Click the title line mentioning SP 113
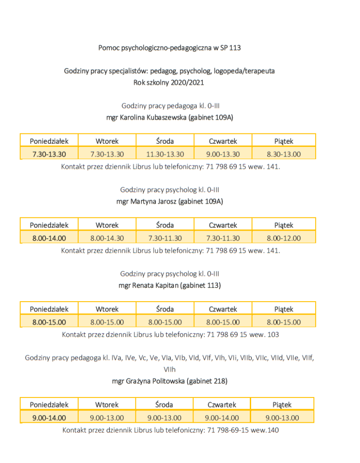coord(169,47)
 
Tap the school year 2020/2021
coord(169,83)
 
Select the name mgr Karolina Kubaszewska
coord(169,117)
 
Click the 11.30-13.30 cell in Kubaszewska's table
coord(165,154)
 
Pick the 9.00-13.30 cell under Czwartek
coord(223,154)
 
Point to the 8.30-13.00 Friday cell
coord(284,154)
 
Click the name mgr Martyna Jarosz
coord(169,201)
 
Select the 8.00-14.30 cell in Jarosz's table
coord(107,238)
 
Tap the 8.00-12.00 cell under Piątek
coord(284,238)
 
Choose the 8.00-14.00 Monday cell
coord(49,238)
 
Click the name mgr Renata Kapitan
coord(169,285)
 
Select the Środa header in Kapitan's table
coord(165,309)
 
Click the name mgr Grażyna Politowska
coord(169,381)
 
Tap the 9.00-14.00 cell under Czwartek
coord(222,418)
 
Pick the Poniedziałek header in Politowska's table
coord(49,405)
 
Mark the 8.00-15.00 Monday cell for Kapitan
coord(49,322)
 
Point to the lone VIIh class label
coord(169,369)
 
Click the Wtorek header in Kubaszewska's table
coord(107,141)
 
